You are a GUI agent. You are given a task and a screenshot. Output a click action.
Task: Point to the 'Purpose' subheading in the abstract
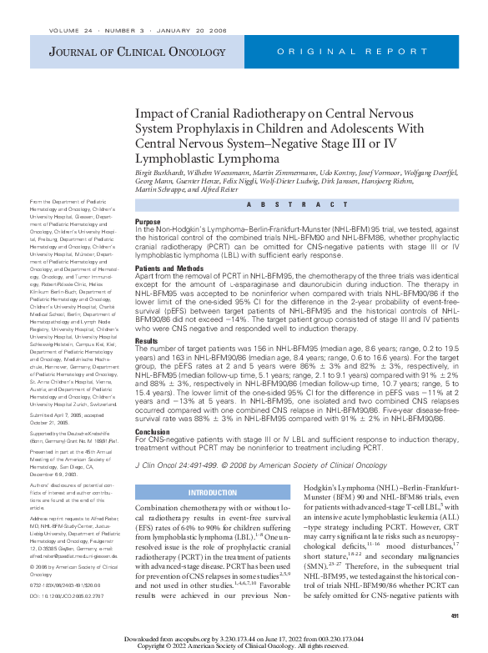[148, 221]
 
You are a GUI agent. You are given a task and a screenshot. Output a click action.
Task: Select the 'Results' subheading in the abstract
[146, 341]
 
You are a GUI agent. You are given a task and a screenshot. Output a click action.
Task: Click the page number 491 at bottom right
[455, 615]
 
